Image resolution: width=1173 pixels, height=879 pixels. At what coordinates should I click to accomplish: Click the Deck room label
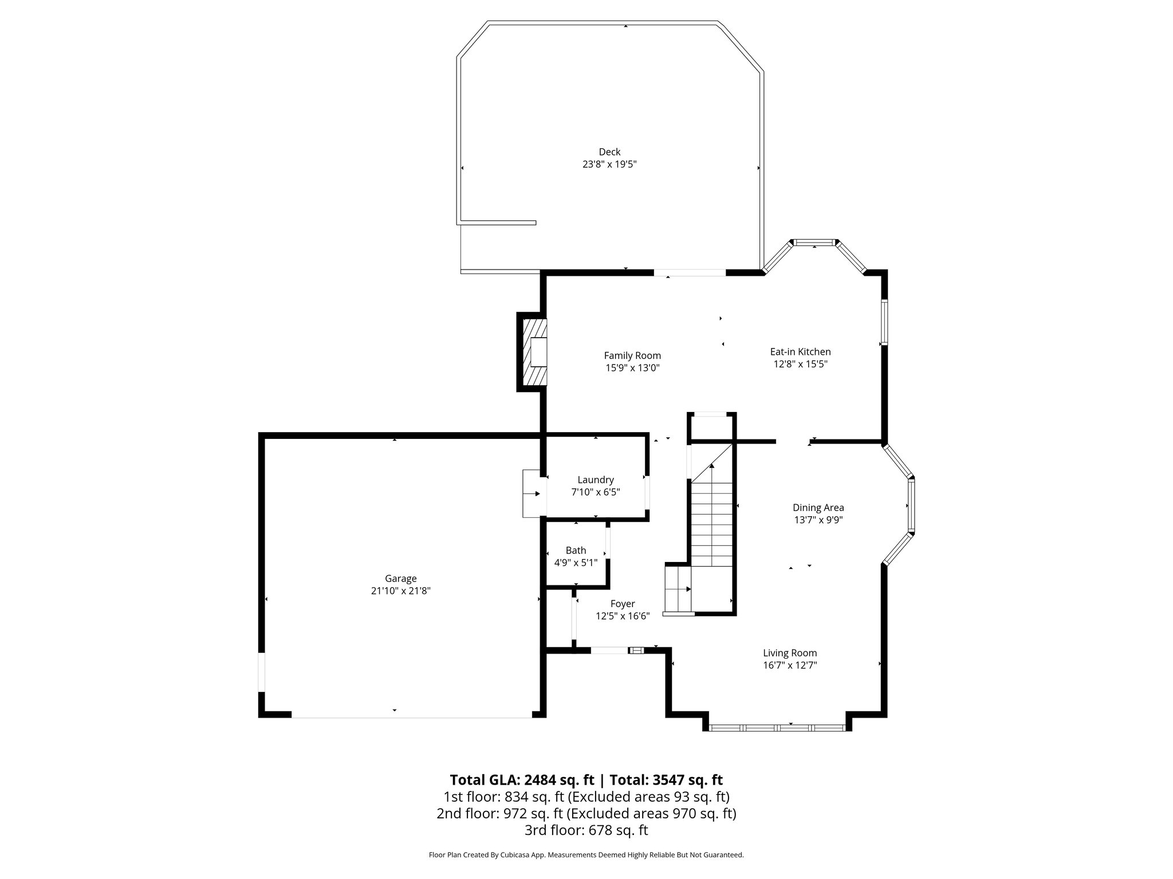pyautogui.click(x=609, y=152)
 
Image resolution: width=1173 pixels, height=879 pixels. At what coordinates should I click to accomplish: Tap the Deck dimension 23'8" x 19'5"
pyautogui.click(x=609, y=164)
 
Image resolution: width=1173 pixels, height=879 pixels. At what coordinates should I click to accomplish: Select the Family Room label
pyautogui.click(x=632, y=355)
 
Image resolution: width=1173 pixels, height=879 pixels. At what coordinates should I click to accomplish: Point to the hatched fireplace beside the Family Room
pyautogui.click(x=533, y=352)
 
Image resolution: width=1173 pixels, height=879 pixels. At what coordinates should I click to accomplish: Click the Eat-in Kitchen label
pyautogui.click(x=800, y=351)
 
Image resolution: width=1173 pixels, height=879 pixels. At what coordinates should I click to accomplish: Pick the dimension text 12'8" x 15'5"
pyautogui.click(x=800, y=364)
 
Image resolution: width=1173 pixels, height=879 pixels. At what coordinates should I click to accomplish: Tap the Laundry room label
pyautogui.click(x=596, y=480)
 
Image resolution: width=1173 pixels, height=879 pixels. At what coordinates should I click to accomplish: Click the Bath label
pyautogui.click(x=576, y=550)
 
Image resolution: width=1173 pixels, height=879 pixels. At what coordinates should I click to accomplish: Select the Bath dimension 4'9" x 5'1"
pyautogui.click(x=576, y=563)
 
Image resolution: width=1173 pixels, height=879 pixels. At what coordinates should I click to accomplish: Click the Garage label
pyautogui.click(x=400, y=579)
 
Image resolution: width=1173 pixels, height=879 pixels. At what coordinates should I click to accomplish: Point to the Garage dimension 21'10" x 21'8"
pyautogui.click(x=400, y=591)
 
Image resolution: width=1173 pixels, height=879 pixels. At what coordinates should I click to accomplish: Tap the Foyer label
pyautogui.click(x=623, y=604)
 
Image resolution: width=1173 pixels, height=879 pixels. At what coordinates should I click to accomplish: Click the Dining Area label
pyautogui.click(x=818, y=507)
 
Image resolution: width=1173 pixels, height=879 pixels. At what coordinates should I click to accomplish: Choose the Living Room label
pyautogui.click(x=790, y=652)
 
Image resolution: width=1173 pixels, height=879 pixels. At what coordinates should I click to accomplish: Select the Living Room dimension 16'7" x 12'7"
pyautogui.click(x=790, y=665)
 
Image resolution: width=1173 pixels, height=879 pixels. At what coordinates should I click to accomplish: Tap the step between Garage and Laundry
pyautogui.click(x=532, y=493)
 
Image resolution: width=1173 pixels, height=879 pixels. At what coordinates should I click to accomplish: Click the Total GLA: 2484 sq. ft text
pyautogui.click(x=522, y=780)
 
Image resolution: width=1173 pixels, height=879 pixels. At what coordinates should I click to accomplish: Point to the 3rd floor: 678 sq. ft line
pyautogui.click(x=586, y=830)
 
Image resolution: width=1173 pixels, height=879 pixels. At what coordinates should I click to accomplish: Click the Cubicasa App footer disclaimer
pyautogui.click(x=586, y=855)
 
